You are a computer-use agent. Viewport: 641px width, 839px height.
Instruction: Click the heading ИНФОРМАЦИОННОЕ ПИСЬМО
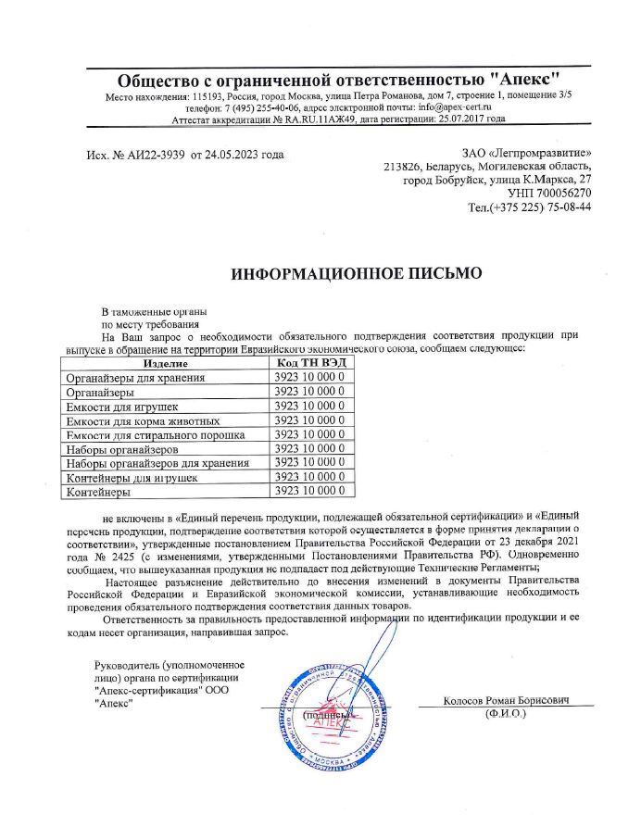(x=357, y=273)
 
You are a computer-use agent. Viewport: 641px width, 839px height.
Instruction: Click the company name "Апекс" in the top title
(x=526, y=79)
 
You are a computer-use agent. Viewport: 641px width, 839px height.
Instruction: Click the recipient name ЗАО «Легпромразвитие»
(x=527, y=152)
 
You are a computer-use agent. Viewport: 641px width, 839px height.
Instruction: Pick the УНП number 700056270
(x=559, y=193)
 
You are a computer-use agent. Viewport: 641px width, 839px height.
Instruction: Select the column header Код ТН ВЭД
(x=309, y=363)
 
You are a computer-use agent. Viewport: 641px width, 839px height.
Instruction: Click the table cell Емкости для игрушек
(x=123, y=407)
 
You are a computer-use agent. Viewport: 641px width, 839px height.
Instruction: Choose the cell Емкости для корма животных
(x=143, y=420)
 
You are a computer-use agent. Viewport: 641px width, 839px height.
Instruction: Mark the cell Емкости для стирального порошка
(x=154, y=434)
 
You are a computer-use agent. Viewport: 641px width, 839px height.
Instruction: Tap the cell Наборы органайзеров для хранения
(x=157, y=463)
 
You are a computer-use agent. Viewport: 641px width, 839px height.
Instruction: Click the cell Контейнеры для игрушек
(x=132, y=477)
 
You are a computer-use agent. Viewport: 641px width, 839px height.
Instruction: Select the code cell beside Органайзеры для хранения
(x=309, y=378)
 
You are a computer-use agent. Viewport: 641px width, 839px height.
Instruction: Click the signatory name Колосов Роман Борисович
(x=505, y=701)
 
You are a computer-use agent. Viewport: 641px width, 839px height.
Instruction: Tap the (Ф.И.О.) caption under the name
(x=505, y=715)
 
